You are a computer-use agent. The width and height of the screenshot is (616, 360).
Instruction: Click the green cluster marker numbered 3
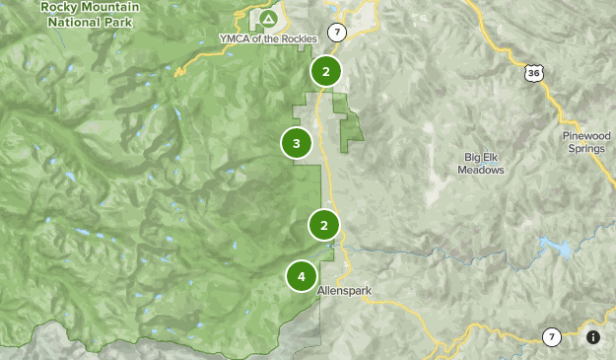point(297,144)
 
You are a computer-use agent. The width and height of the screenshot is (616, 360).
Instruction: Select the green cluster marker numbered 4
point(302,276)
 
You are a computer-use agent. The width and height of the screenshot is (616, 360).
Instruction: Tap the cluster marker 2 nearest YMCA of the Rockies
point(325,71)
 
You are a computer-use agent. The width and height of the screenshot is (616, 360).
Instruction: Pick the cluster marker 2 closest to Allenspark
point(323,225)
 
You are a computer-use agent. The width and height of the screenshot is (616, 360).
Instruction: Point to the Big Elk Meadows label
point(480,163)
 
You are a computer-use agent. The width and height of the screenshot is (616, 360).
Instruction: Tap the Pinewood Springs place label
point(587,141)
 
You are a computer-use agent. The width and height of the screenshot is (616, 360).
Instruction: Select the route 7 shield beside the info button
point(552,337)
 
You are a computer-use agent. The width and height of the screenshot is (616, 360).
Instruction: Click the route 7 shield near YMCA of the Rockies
point(338,33)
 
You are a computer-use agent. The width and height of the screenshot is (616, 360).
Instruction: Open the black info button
point(593,337)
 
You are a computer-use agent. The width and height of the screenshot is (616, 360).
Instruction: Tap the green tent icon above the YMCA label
point(267,20)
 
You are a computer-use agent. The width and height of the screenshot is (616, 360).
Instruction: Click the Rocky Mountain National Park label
point(90,13)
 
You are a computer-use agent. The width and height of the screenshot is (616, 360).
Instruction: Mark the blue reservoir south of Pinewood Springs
point(562,249)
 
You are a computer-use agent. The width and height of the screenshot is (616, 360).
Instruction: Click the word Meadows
point(480,170)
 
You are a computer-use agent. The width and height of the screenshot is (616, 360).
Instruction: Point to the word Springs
point(587,148)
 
